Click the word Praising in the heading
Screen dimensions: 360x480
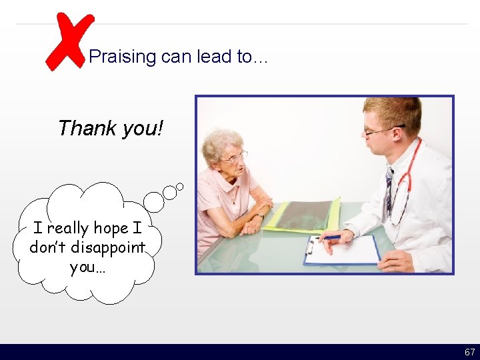(x=122, y=57)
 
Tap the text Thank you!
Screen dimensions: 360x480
(x=110, y=127)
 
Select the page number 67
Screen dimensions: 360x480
(x=469, y=352)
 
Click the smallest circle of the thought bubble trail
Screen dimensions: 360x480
(x=180, y=187)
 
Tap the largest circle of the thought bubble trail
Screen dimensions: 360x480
(x=154, y=201)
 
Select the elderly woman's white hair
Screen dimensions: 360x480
(x=221, y=141)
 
